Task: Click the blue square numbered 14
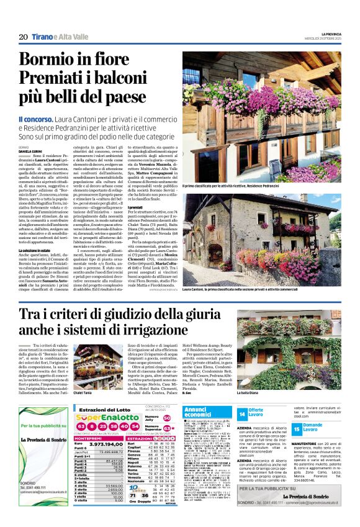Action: (x=242, y=413)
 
